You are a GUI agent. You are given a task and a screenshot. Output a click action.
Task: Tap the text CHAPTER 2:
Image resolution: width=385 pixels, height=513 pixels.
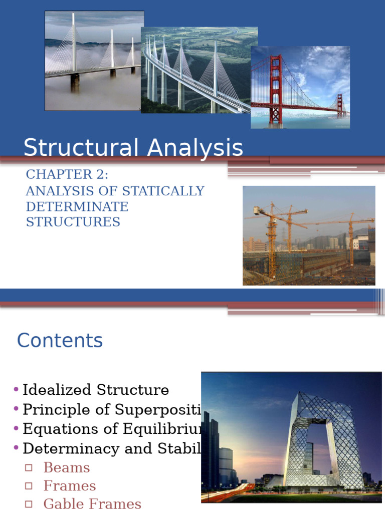pyautogui.click(x=67, y=174)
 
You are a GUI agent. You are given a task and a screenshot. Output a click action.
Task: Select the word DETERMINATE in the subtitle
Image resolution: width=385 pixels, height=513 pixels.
pyautogui.click(x=77, y=206)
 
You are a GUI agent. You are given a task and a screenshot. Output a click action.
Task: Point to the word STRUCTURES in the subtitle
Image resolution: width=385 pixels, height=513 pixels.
pyautogui.click(x=73, y=222)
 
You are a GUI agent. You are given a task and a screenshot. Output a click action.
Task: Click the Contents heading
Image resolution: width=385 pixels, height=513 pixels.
pyautogui.click(x=60, y=341)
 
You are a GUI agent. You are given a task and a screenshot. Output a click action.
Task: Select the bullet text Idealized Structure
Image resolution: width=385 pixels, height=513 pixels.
pyautogui.click(x=96, y=390)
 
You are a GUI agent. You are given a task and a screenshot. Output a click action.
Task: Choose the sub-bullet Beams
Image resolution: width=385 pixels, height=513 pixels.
pyautogui.click(x=67, y=467)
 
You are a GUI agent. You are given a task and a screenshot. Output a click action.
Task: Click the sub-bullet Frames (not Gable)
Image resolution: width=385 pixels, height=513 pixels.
pyautogui.click(x=70, y=485)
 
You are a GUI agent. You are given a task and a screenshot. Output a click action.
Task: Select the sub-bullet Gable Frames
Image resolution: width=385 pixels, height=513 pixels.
pyautogui.click(x=92, y=503)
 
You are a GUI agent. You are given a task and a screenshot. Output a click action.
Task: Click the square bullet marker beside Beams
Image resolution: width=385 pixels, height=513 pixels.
pyautogui.click(x=29, y=468)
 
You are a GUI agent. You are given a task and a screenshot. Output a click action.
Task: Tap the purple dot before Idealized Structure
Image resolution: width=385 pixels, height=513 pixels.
pyautogui.click(x=17, y=390)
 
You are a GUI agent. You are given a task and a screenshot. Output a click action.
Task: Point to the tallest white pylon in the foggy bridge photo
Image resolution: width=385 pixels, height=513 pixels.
pyautogui.click(x=73, y=45)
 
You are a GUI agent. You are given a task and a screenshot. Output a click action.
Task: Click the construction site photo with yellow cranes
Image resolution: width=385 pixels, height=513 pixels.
pyautogui.click(x=309, y=235)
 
